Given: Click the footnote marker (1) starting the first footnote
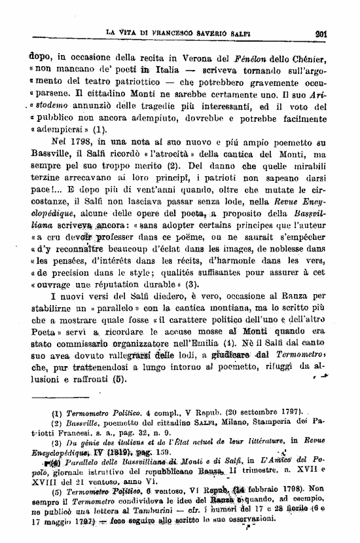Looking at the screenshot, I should click(57, 413).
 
